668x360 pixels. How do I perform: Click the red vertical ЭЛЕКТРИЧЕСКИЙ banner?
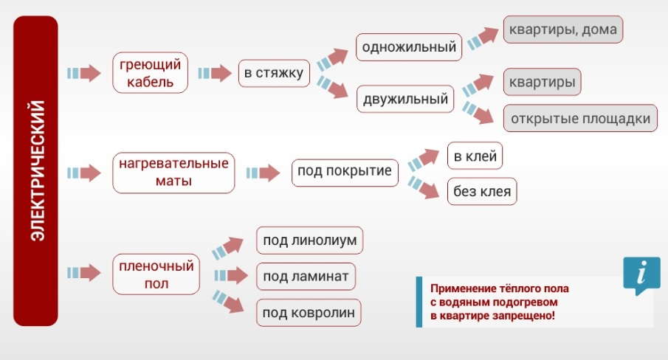[x=35, y=171]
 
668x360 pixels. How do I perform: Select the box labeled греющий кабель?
[x=150, y=73]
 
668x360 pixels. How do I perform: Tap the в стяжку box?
[x=274, y=73]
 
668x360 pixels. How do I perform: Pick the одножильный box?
[x=409, y=46]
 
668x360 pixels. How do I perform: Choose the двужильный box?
[x=405, y=99]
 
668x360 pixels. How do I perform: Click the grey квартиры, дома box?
[x=563, y=30]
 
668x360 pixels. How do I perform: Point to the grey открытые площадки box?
[x=580, y=118]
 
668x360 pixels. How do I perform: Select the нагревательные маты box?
[x=173, y=173]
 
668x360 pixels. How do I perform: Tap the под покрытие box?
[x=345, y=173]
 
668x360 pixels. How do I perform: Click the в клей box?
[x=475, y=156]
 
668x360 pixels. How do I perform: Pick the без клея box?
[x=482, y=192]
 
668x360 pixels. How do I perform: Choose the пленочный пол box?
[x=156, y=274]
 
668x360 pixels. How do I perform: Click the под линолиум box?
[x=310, y=240]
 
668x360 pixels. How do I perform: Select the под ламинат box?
[x=306, y=277]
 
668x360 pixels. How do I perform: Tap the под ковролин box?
[x=309, y=313]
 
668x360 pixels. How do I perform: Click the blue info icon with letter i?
[x=641, y=275]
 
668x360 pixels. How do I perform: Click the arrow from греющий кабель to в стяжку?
[x=214, y=73]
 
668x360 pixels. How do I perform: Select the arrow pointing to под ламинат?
[x=231, y=276]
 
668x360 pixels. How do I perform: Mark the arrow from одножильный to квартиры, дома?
[x=483, y=38]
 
